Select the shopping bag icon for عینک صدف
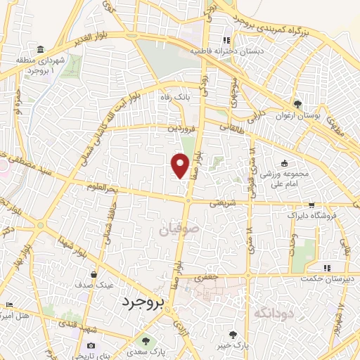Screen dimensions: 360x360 tap(94, 274)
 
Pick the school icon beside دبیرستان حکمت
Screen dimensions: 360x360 tap(327, 268)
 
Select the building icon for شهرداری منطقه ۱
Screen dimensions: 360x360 tap(41, 50)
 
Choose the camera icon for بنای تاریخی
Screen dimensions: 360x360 tap(91, 345)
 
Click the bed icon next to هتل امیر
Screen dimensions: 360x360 tap(8, 304)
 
